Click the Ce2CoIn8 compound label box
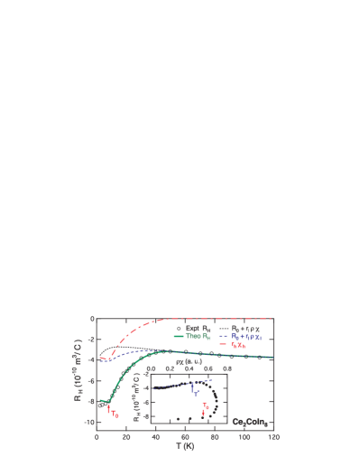point(250,422)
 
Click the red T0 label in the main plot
point(115,414)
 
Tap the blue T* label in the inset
point(196,393)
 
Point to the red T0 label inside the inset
point(206,405)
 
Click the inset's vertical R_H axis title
point(137,399)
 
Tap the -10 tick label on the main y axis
point(88,422)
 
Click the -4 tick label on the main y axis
point(90,359)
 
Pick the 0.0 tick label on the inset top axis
point(151,368)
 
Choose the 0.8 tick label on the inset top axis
point(227,368)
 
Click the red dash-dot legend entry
point(237,344)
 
